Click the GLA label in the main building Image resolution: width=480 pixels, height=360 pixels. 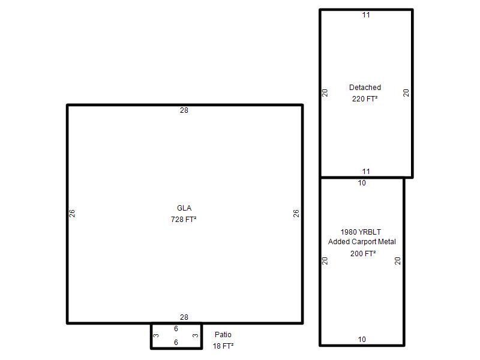pyautogui.click(x=184, y=208)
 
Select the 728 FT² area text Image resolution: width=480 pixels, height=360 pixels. pyautogui.click(x=184, y=220)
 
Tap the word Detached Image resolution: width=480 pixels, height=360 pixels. pyautogui.click(x=365, y=88)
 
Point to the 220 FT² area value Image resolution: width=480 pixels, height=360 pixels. pyautogui.click(x=365, y=99)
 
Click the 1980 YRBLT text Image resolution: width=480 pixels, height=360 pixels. pyautogui.click(x=361, y=232)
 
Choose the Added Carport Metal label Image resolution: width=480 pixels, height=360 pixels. pyautogui.click(x=362, y=242)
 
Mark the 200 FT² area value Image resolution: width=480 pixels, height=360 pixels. pyautogui.click(x=363, y=253)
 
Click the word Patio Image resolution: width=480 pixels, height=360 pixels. pyautogui.click(x=223, y=335)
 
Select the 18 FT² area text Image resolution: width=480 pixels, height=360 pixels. pyautogui.click(x=223, y=346)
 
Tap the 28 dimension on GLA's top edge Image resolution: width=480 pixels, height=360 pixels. pyautogui.click(x=184, y=110)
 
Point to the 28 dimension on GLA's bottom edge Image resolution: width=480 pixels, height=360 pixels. pyautogui.click(x=184, y=317)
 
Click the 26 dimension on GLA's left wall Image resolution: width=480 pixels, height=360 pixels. pyautogui.click(x=72, y=214)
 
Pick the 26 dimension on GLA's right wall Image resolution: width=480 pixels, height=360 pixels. pyautogui.click(x=296, y=214)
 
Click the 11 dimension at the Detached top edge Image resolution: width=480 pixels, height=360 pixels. pyautogui.click(x=366, y=15)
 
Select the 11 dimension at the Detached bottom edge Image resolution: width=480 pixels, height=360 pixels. pyautogui.click(x=366, y=172)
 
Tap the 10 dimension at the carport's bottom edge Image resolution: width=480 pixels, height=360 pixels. pyautogui.click(x=362, y=339)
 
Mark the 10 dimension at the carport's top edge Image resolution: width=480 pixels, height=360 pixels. pyautogui.click(x=362, y=183)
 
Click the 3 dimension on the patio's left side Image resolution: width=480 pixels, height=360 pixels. pyautogui.click(x=156, y=335)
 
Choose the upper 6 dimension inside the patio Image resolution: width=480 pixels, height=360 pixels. pyautogui.click(x=176, y=328)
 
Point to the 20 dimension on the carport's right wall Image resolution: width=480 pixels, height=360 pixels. pyautogui.click(x=398, y=261)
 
